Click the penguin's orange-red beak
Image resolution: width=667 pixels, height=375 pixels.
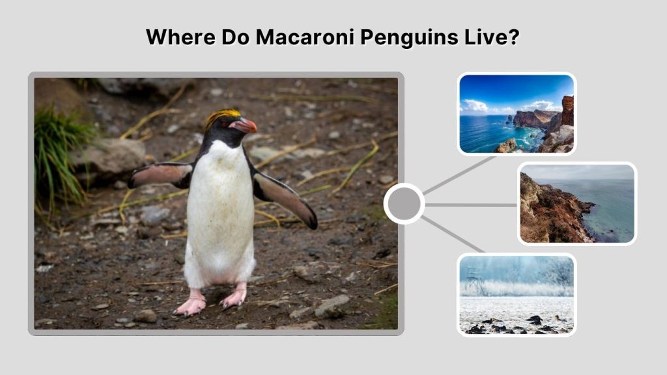click(245, 125)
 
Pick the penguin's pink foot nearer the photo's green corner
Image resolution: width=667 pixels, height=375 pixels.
click(233, 298)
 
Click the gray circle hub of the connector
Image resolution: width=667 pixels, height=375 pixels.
click(404, 204)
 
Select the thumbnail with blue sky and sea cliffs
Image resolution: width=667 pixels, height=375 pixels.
click(517, 114)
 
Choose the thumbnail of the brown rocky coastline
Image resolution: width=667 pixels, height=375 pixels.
click(577, 204)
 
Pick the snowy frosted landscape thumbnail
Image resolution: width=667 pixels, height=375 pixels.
click(517, 294)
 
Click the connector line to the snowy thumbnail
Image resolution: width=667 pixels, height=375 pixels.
click(453, 234)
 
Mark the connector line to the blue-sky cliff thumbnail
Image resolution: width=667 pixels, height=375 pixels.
click(459, 174)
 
